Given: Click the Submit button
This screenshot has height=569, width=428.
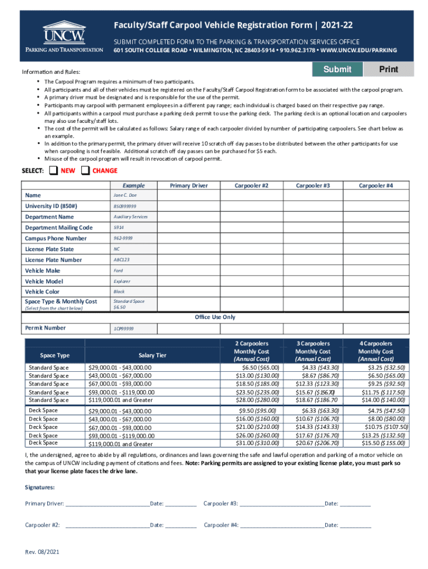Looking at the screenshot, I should tap(337, 69).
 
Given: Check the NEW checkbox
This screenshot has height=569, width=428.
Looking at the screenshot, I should tap(53, 171).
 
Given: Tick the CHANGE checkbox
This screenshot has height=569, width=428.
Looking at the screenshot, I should tap(86, 171).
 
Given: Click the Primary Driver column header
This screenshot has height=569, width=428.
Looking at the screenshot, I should tap(188, 186).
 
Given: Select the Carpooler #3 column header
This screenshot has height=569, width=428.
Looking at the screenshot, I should tap(313, 186).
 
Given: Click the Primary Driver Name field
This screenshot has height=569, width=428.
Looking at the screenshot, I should tap(188, 196).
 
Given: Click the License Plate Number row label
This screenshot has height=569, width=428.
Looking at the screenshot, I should tap(53, 260).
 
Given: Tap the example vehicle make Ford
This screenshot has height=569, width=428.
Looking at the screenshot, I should tap(118, 271).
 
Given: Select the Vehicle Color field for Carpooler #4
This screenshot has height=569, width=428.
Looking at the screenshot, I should tap(376, 292).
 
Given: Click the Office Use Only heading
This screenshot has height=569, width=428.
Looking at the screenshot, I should tap(215, 317).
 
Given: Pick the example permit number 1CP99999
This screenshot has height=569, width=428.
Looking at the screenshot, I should tap(124, 328).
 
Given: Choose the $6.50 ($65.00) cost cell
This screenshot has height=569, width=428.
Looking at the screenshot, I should tap(252, 368).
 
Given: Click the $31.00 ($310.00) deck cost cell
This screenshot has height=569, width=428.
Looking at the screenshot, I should tap(252, 443).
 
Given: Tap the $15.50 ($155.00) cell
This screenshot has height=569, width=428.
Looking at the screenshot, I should tap(376, 443).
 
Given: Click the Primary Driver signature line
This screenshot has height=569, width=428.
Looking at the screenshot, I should tap(107, 504).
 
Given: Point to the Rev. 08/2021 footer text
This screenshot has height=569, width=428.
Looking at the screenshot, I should tap(42, 552).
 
